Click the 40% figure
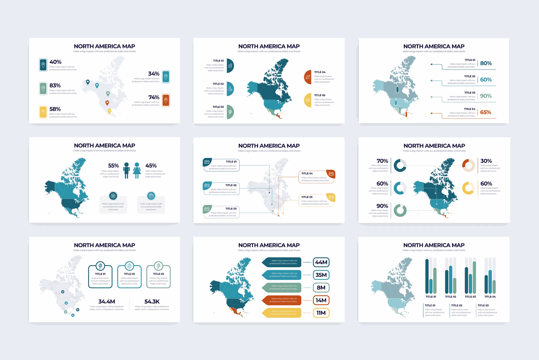coord(55,62)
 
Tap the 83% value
coord(55,85)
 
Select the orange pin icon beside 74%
coord(166,100)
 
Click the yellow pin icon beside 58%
coord(43,112)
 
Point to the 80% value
coord(486,63)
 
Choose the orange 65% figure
coord(486,112)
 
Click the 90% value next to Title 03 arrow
coord(486,96)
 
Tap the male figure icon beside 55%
coord(126,170)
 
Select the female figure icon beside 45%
coord(137,170)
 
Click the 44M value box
coord(321,262)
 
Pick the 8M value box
coord(321,288)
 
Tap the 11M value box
coord(321,313)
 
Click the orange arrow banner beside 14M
coord(282,300)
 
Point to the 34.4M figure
coord(107,301)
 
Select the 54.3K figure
coord(152,301)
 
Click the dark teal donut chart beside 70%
coord(400,165)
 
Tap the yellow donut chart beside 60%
coord(468,188)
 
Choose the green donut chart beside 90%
coord(400,210)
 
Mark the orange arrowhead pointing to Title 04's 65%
coord(432,113)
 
